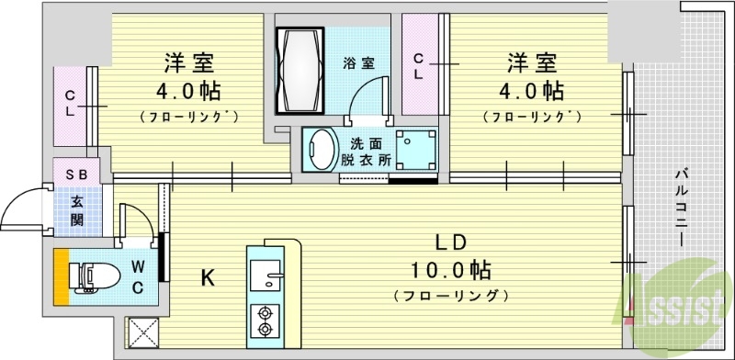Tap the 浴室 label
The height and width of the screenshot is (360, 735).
pyautogui.click(x=358, y=64)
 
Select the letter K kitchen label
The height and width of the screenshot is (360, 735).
pyautogui.click(x=209, y=276)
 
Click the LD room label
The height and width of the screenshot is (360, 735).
pyautogui.click(x=454, y=243)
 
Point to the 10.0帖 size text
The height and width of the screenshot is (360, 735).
pyautogui.click(x=450, y=271)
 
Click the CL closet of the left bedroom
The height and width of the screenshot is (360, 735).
pyautogui.click(x=71, y=104)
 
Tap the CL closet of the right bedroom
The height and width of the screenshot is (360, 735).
pyautogui.click(x=418, y=67)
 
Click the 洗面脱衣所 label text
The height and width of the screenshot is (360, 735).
pyautogui.click(x=370, y=150)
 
